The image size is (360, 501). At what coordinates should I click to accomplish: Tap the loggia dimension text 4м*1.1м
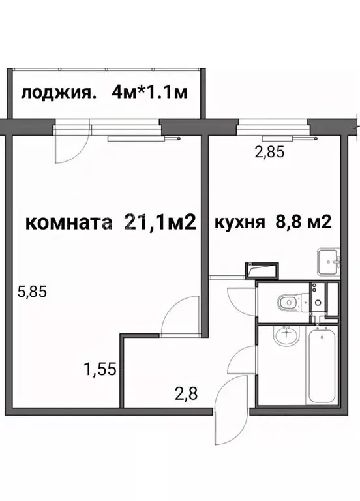coord(149,92)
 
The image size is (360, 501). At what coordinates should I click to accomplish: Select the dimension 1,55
coord(99,370)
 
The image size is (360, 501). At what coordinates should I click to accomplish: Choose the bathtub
coord(322,367)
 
